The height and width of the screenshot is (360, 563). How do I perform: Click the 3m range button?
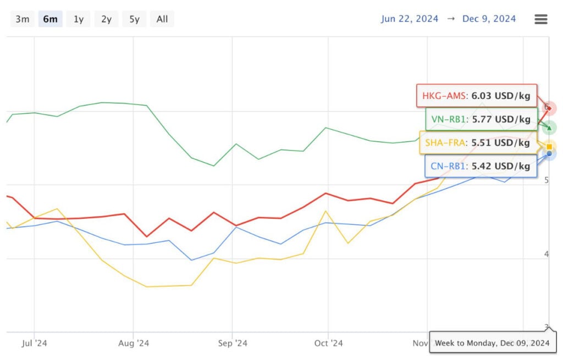23,19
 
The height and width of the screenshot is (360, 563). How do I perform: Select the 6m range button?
50,19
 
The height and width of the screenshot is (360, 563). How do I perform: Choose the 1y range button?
79,19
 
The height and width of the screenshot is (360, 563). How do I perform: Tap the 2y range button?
106,19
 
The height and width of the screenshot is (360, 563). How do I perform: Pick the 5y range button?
134,19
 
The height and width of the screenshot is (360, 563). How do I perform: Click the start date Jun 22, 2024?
410,19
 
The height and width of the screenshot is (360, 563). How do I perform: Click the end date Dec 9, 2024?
489,19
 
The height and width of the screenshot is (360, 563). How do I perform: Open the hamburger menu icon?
541,19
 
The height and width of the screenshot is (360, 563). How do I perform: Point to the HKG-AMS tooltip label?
476,96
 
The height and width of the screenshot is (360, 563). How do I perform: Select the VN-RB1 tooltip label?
481,119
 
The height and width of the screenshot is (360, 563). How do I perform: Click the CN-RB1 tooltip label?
481,166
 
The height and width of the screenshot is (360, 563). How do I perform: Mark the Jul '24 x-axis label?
34,344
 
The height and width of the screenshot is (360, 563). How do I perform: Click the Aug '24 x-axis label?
134,344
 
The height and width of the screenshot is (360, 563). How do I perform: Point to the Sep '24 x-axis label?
232,344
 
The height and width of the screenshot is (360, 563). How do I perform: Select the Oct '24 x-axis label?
328,344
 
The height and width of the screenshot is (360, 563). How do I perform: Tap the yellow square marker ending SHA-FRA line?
549,147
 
